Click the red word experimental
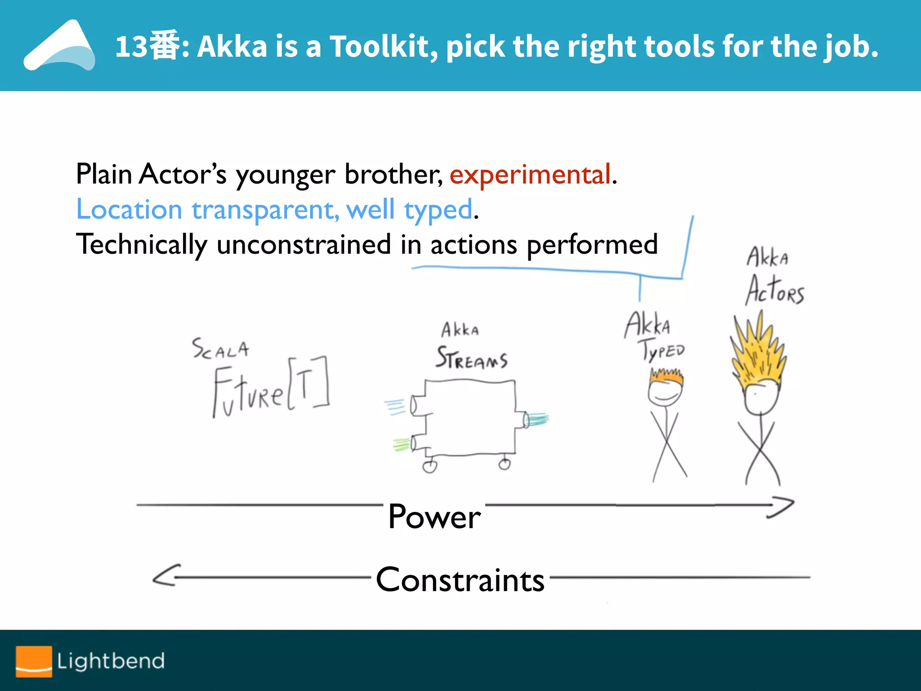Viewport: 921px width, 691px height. tap(530, 175)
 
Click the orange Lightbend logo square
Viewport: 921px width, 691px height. tap(34, 661)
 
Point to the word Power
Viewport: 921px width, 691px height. tap(434, 517)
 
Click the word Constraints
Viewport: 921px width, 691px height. tap(460, 580)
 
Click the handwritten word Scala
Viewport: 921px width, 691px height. tap(220, 349)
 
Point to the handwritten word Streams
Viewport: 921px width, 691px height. tap(471, 359)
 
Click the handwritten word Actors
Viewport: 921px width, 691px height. tap(775, 290)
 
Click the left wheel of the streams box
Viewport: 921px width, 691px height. tap(429, 467)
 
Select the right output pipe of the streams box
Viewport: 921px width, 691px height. tap(526, 420)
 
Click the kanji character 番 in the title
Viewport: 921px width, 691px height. tap(164, 45)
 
